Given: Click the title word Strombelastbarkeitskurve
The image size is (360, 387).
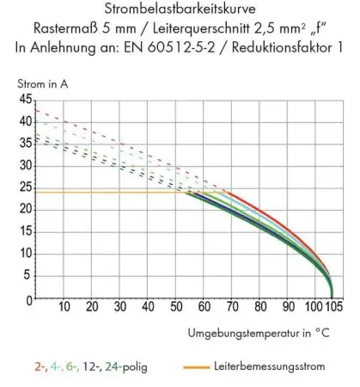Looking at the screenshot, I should pyautogui.click(x=180, y=9).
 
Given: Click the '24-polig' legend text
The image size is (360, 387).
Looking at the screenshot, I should pyautogui.click(x=126, y=366).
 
